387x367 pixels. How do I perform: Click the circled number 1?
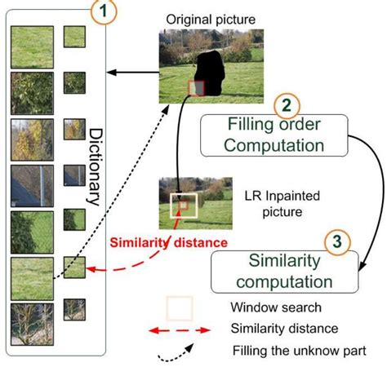coord(105,13)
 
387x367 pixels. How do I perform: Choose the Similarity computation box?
coord(285,272)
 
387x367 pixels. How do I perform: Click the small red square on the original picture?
coord(196,87)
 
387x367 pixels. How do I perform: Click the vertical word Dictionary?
coord(95,167)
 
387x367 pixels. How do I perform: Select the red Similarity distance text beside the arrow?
coord(169,242)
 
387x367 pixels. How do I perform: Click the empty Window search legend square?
coord(179,308)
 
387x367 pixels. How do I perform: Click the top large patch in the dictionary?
coord(32,46)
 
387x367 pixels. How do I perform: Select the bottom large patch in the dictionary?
coord(32,325)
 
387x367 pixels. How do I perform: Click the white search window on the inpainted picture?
coord(183,206)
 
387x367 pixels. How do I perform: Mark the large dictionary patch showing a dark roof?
coord(32,186)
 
